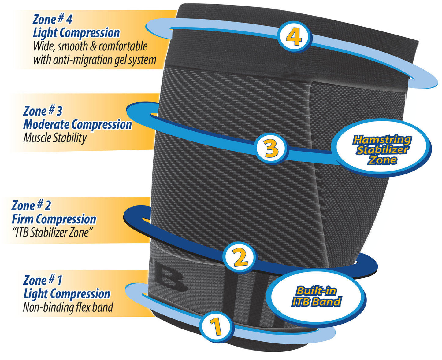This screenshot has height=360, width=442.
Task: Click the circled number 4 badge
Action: [294, 37]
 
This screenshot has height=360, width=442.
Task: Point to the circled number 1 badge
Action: [217, 327]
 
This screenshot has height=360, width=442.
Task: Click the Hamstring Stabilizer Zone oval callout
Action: [382, 150]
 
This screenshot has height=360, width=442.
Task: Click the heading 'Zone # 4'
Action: [52, 19]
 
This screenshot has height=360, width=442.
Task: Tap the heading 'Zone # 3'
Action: [43, 111]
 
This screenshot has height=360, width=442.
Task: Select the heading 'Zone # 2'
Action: [31, 205]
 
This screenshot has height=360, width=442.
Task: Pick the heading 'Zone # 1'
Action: [43, 280]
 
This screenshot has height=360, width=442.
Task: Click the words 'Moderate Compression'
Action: [77, 124]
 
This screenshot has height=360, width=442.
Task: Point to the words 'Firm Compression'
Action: [54, 219]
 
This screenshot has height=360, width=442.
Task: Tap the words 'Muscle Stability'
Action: [55, 138]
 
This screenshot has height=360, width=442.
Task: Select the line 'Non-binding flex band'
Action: [68, 307]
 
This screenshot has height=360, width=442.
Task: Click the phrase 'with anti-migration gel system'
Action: [95, 60]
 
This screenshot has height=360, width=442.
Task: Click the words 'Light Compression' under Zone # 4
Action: [76, 33]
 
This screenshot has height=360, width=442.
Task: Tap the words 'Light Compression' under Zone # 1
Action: [67, 294]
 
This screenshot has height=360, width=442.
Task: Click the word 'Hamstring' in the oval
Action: [382, 140]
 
